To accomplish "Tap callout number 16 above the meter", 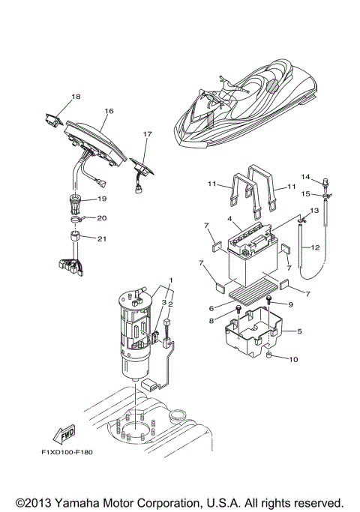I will pyautogui.click(x=109, y=111).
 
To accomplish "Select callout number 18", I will pyautogui.click(x=76, y=97).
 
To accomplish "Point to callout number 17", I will pyautogui.click(x=147, y=134).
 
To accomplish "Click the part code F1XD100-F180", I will pyautogui.click(x=67, y=452).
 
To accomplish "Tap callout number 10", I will pyautogui.click(x=293, y=359).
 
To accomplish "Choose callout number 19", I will pyautogui.click(x=102, y=199).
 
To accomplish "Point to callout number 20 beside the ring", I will pyautogui.click(x=102, y=218).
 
